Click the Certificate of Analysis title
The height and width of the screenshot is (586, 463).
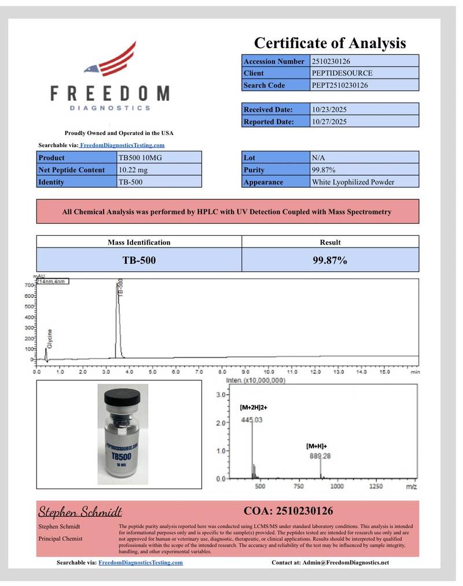(x=330, y=42)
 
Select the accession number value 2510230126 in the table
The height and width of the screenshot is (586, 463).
(x=331, y=61)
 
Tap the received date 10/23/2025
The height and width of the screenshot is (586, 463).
(x=329, y=109)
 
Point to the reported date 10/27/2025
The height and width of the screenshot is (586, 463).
(x=329, y=122)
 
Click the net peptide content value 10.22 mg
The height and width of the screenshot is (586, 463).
(x=134, y=170)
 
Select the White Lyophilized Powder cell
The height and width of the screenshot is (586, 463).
(x=353, y=182)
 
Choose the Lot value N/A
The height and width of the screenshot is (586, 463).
(x=318, y=158)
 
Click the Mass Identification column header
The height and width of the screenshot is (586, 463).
(x=139, y=242)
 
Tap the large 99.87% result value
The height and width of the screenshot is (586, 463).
(x=330, y=260)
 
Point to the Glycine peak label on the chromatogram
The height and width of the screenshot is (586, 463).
(x=50, y=339)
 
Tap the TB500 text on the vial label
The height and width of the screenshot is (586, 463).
(x=121, y=457)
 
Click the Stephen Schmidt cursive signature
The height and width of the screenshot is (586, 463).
(x=80, y=512)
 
